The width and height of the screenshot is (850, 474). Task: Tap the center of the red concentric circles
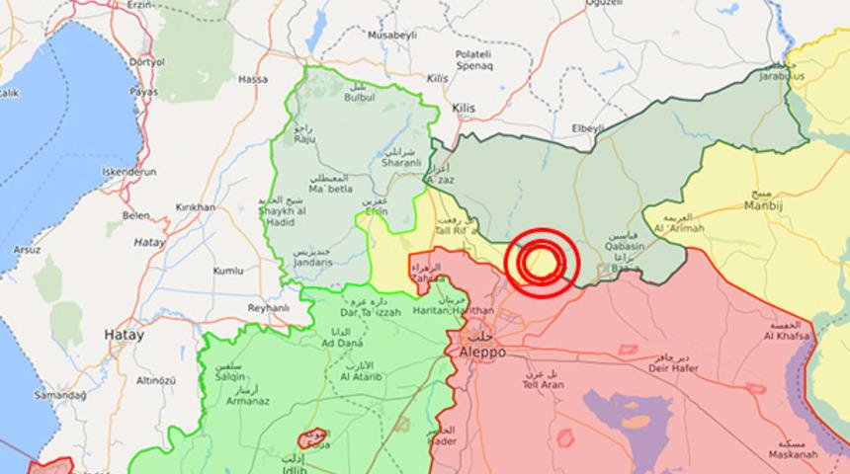click(540, 261)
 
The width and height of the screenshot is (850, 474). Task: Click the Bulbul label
click(360, 98)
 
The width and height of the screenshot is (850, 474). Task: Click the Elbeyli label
click(587, 128)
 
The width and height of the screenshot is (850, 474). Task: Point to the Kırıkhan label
click(195, 207)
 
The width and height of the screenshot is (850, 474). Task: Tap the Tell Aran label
click(543, 384)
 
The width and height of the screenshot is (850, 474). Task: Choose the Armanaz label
click(249, 400)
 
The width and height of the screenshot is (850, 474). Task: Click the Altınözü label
click(155, 380)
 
